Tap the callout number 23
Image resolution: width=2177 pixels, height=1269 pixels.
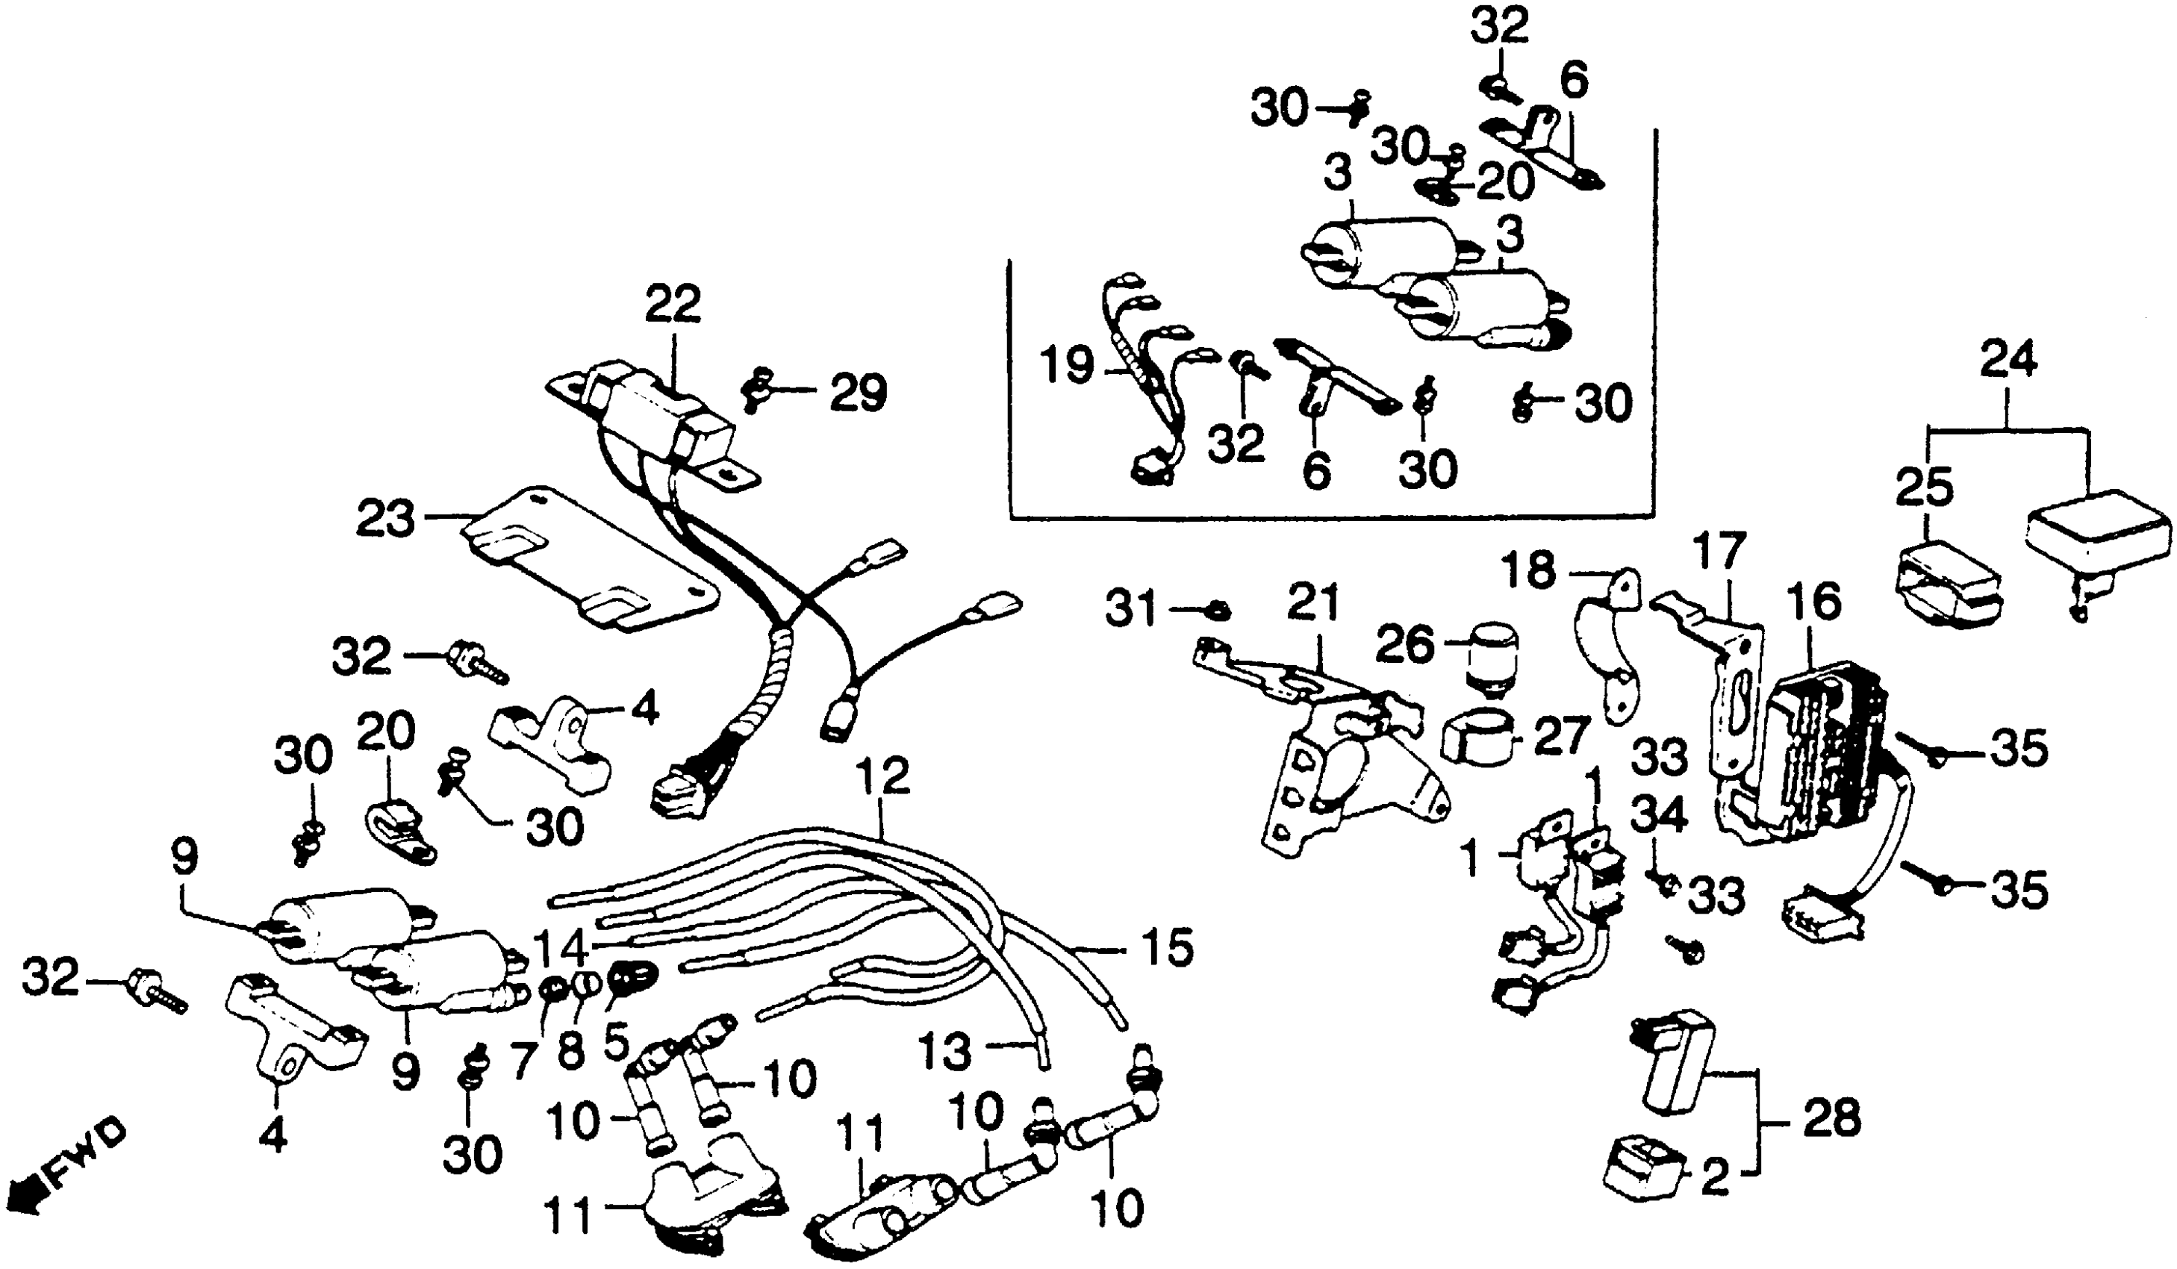coord(386,520)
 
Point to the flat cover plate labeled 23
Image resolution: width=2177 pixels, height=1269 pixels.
coord(588,561)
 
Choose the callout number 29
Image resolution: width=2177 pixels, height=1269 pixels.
coord(858,394)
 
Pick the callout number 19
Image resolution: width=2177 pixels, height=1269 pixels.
coord(1068,366)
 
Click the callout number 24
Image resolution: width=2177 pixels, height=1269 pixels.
coord(2008,358)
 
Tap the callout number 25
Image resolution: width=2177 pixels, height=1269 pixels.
coord(1925,489)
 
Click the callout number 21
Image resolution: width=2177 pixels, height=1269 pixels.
coord(1313,602)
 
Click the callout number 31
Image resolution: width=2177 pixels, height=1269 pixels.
coord(1132,611)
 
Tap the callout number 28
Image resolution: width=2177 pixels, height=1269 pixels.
coord(1832,1120)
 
